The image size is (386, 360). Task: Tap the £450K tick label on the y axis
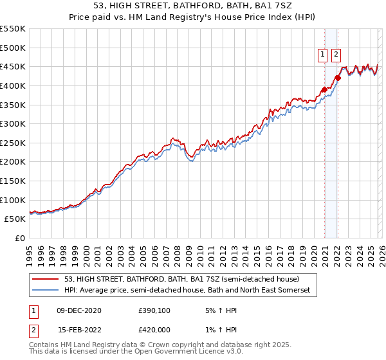pyautogui.click(x=13, y=67)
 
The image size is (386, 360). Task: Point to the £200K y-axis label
pyautogui.click(x=13, y=162)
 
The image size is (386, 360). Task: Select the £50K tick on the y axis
pyautogui.click(x=15, y=219)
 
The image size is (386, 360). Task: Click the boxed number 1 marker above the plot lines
pyautogui.click(x=322, y=55)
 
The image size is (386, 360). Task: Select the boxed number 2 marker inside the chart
pyautogui.click(x=336, y=55)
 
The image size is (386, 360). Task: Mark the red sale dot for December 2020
pyautogui.click(x=324, y=89)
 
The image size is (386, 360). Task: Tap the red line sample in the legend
pyautogui.click(x=46, y=280)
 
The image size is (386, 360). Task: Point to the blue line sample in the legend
pyautogui.click(x=46, y=291)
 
